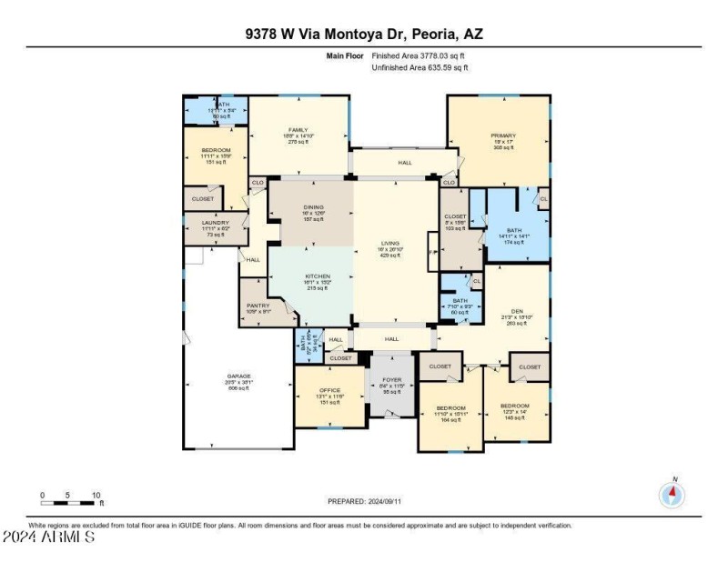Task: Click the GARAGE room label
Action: click(238, 376)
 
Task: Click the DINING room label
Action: click(313, 207)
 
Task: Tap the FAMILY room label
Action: click(298, 130)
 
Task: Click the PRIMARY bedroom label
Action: click(503, 136)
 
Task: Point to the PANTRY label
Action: click(258, 306)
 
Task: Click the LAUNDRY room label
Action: click(216, 222)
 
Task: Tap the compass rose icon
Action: click(672, 495)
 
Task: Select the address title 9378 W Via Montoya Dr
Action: click(363, 34)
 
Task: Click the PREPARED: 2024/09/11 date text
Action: click(363, 501)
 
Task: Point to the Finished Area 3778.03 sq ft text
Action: click(420, 55)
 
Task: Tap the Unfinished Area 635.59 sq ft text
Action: click(420, 67)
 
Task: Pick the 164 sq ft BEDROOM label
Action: click(450, 407)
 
